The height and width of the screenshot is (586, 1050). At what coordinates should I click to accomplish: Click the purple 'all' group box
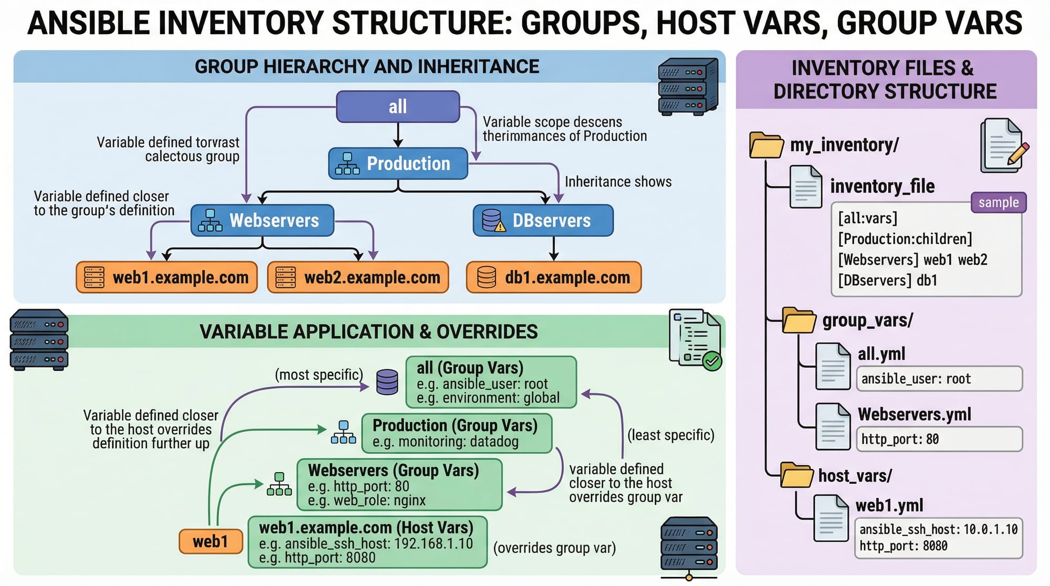coord(397,107)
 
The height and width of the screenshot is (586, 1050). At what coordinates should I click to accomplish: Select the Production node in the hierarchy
coord(397,163)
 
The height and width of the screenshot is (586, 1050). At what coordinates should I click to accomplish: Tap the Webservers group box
coord(262,221)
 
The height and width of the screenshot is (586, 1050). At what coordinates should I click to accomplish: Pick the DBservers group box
coord(543,221)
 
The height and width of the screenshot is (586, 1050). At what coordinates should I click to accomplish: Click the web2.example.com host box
coord(358,277)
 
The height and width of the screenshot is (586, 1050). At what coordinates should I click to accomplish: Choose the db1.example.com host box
coord(554,277)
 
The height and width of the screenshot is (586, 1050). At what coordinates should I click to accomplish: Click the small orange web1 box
coord(211,541)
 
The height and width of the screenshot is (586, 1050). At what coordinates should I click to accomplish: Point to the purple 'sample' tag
coord(998,202)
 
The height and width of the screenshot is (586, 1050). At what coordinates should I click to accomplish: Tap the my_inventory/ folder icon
coord(766,145)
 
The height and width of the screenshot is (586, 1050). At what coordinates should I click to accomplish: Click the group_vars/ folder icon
coord(799,320)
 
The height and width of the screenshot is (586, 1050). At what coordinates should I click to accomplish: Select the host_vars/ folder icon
coord(796,475)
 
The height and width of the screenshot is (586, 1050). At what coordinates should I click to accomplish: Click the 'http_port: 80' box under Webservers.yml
coord(939,439)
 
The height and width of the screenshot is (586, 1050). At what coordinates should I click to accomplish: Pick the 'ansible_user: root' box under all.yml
coord(939,379)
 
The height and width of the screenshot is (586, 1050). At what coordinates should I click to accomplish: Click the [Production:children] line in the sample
coord(905,239)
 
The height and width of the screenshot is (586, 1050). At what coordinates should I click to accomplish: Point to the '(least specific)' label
coord(670,435)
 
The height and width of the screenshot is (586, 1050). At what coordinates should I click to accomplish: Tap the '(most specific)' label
coord(319,375)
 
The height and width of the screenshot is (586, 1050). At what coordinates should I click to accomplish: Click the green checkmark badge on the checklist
coord(712,361)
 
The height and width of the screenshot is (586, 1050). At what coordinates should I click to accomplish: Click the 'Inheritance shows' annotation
coord(618,182)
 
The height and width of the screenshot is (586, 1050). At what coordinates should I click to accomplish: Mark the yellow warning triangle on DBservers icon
coord(500,227)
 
